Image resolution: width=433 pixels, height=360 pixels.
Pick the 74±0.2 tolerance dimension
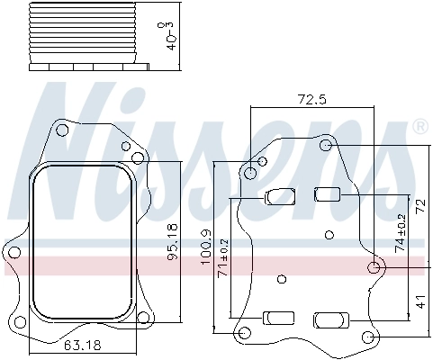(401, 231)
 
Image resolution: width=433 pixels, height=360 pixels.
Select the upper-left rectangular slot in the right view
(279, 195)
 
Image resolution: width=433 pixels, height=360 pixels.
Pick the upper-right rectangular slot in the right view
(327, 193)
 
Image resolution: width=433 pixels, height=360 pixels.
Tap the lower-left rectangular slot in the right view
(279, 318)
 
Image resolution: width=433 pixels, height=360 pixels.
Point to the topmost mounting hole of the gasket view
(61, 131)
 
